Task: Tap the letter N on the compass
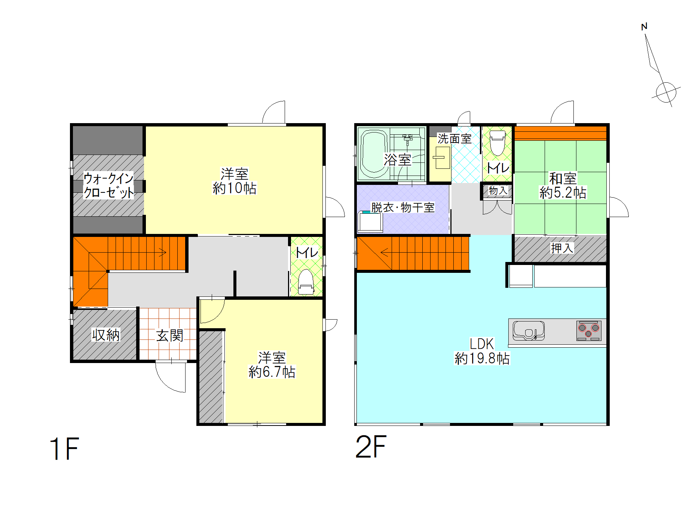tap(644, 27)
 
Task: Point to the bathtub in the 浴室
tap(374, 153)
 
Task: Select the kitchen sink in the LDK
tap(528, 330)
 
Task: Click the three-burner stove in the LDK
tap(588, 330)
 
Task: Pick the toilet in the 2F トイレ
tap(497, 143)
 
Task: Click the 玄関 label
tap(169, 335)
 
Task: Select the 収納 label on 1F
tap(106, 335)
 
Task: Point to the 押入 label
tap(562, 248)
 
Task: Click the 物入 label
tap(498, 191)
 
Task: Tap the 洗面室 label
tap(454, 139)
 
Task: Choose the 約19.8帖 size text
tap(482, 359)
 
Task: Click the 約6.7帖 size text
tap(272, 372)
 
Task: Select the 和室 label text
tap(563, 179)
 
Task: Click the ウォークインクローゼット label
tap(108, 185)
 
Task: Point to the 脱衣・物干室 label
tap(402, 207)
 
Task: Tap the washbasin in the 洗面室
tap(442, 158)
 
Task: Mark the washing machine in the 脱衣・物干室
tap(370, 222)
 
